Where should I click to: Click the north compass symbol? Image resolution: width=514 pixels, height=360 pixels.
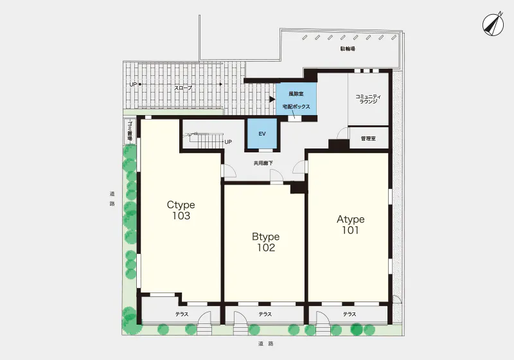coord(493,24)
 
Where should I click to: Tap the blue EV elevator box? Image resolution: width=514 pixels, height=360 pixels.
coord(262,134)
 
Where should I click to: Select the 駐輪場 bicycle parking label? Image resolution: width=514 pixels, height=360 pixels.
coord(348,49)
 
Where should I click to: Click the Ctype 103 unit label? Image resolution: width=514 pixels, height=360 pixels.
coord(181,210)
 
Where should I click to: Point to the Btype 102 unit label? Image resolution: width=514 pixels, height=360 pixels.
coord(266,242)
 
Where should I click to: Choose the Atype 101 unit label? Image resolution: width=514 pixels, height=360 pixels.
coord(350,224)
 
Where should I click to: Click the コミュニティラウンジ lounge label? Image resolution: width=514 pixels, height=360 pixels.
coord(368,99)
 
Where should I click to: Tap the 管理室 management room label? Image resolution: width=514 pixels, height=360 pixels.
coord(368,139)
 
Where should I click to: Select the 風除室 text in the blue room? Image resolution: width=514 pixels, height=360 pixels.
coord(296,94)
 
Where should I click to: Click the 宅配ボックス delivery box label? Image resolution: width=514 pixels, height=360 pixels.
coord(296,107)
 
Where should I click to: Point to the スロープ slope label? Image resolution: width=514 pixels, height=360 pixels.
coord(183,88)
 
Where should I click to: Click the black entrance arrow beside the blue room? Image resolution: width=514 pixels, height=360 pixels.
coord(272,99)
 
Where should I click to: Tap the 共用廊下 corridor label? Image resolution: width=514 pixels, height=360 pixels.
coord(263,163)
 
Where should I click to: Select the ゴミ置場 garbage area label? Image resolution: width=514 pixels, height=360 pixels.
coord(130,131)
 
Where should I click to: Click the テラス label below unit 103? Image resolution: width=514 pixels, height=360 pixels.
coord(182,314)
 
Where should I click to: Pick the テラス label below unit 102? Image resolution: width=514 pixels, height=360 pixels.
coord(265,314)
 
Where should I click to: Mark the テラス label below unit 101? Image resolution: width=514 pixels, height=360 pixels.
coord(350,314)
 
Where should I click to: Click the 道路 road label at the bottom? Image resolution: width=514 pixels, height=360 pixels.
coord(265,343)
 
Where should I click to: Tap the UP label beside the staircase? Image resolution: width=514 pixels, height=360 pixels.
coord(228,142)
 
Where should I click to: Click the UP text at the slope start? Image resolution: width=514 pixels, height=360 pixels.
coord(133,84)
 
